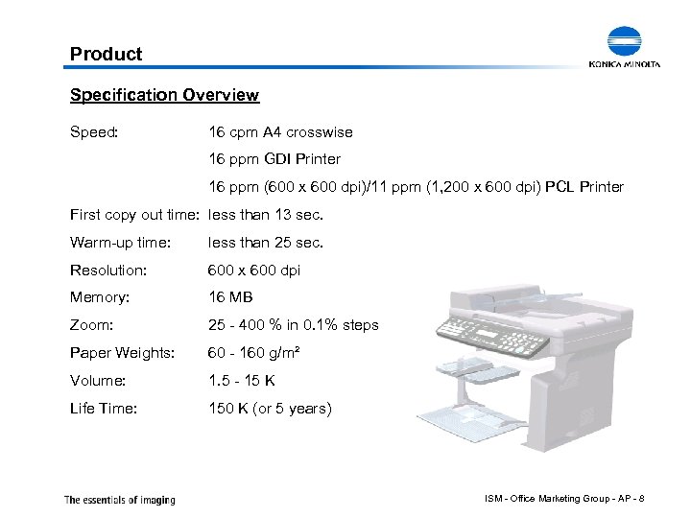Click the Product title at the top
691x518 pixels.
106,55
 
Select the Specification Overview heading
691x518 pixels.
164,95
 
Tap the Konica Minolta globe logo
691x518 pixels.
631,42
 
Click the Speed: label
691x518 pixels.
94,131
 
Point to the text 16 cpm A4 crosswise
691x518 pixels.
280,131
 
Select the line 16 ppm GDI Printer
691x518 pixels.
274,158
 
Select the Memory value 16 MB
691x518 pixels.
231,298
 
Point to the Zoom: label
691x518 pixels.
91,325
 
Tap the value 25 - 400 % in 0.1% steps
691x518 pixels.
294,325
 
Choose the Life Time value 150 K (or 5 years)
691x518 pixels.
270,409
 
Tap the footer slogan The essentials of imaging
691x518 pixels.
119,499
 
